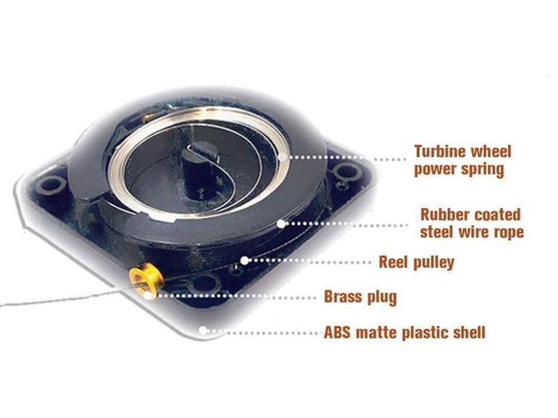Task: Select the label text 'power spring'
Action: (458, 170)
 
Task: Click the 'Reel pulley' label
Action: (416, 262)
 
